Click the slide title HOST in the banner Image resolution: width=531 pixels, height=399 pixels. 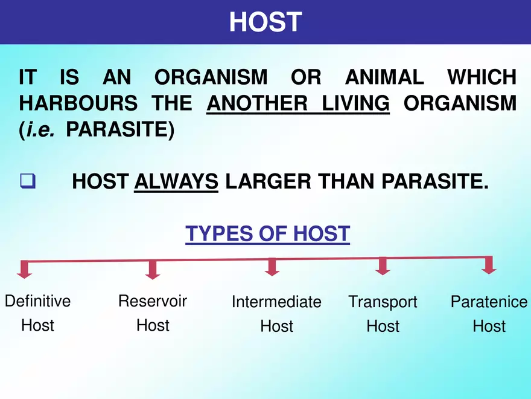point(265,22)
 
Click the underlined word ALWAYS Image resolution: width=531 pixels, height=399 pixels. point(176,181)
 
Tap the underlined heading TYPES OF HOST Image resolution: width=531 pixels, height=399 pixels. point(267,233)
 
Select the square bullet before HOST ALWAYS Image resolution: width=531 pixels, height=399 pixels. point(27,181)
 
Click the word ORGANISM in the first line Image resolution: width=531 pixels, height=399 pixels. point(211,77)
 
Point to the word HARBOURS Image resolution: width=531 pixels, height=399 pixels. point(78,103)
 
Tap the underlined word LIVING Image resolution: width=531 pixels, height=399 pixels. point(355,103)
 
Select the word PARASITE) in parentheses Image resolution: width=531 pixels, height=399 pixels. point(120,129)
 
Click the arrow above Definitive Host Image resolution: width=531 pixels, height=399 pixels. point(24,270)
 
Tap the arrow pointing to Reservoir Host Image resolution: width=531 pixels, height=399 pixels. point(153,270)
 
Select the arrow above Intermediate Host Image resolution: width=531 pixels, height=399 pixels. point(272,267)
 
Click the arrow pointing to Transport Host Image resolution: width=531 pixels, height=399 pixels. point(381,267)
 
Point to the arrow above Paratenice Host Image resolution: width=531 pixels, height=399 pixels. point(489,265)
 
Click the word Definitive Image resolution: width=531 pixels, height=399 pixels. point(37,301)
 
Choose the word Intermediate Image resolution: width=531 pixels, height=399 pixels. point(276,302)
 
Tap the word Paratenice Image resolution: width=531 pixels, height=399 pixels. point(489,302)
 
